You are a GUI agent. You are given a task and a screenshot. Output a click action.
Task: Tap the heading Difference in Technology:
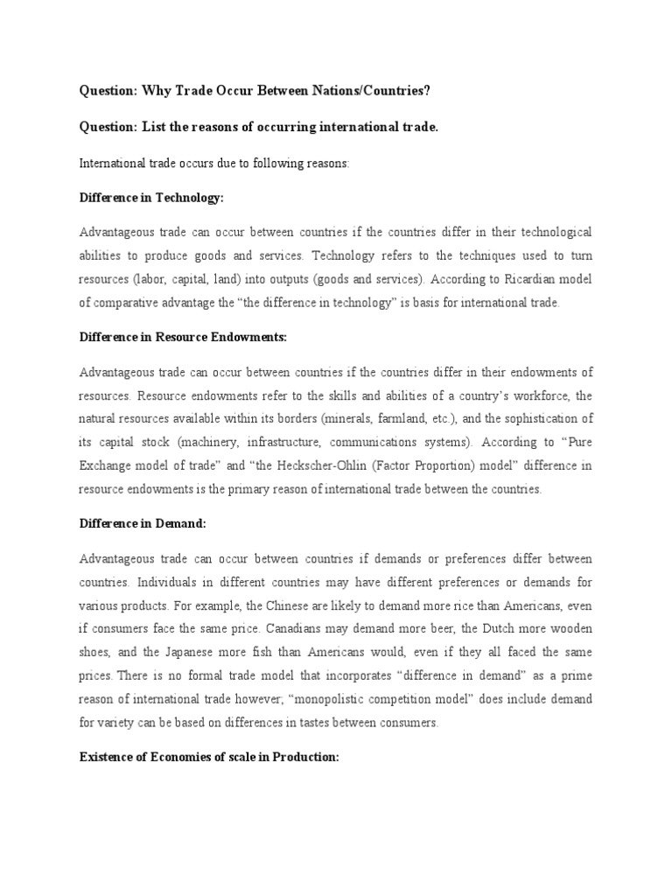click(152, 198)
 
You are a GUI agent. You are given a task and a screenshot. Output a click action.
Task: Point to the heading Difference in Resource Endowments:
click(183, 336)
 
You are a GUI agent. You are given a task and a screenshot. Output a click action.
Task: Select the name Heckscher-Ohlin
click(292, 465)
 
